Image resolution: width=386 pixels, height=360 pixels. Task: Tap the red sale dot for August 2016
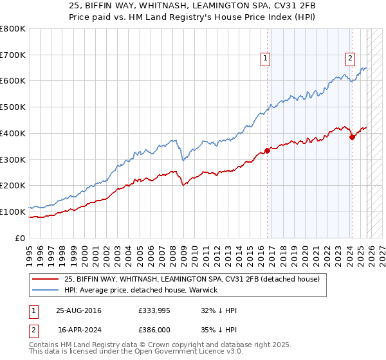click(x=267, y=151)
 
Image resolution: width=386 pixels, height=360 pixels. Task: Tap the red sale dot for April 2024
click(x=352, y=136)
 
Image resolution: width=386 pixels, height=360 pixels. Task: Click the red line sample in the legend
click(x=45, y=279)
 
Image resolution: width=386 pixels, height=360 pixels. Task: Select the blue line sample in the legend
click(x=45, y=290)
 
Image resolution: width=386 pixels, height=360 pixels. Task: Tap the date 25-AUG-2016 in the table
click(x=78, y=310)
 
